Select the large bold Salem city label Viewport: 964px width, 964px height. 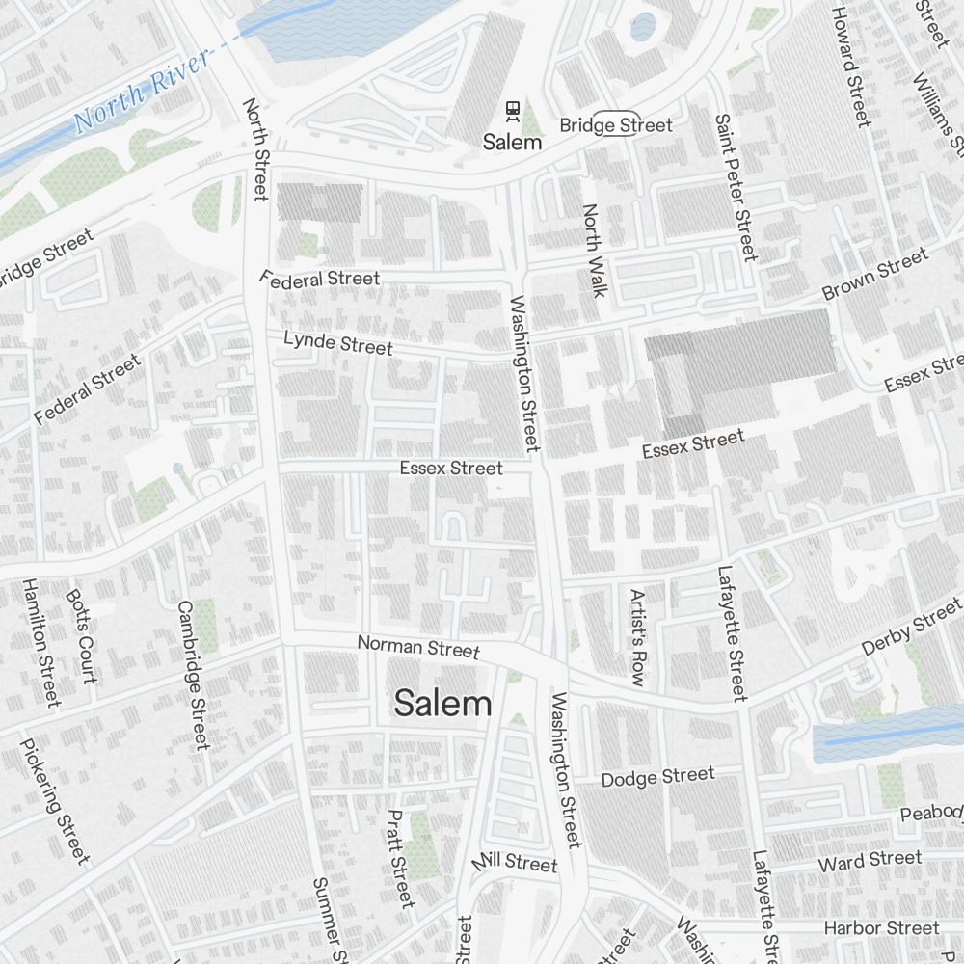coord(443,704)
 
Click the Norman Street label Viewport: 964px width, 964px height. coord(418,646)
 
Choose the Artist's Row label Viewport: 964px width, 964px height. coord(636,637)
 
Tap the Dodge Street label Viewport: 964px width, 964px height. coord(658,776)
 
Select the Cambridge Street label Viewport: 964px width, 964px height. coord(193,675)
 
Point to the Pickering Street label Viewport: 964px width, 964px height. coord(55,801)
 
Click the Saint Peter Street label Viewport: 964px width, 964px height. coord(736,187)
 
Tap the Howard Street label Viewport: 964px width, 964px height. coord(850,66)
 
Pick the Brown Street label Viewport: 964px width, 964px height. coord(875,274)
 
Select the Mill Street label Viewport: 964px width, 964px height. coord(515,861)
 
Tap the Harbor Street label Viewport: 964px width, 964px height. coord(881,927)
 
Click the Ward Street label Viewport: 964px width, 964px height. coord(870,860)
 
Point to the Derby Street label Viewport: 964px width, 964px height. coord(911,627)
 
